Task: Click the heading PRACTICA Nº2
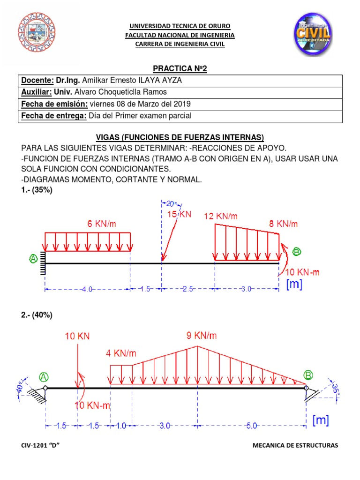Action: (x=180, y=69)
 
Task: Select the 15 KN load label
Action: (x=180, y=214)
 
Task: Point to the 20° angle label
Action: (x=172, y=203)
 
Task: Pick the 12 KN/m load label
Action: (x=221, y=216)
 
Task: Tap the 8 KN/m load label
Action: (x=283, y=224)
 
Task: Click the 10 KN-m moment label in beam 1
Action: (x=303, y=272)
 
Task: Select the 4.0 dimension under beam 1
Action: (x=87, y=290)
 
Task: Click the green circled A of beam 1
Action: (x=33, y=259)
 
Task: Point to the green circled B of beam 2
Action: (x=308, y=375)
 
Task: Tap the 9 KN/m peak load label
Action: (x=202, y=336)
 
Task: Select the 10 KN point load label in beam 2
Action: (x=78, y=337)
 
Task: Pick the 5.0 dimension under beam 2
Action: (x=251, y=426)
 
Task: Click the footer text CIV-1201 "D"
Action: (x=42, y=445)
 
